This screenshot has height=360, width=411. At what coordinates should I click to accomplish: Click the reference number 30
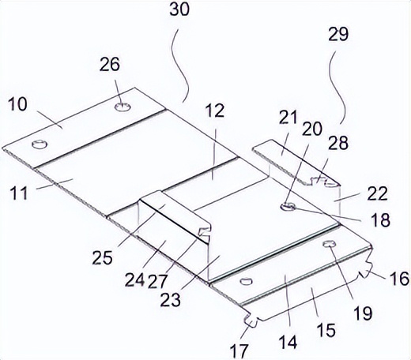179,10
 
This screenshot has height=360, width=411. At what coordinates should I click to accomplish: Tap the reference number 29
338,34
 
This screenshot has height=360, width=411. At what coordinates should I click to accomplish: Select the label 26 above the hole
109,64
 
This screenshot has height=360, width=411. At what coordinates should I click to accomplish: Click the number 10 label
17,103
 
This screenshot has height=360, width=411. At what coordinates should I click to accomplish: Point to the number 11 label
19,193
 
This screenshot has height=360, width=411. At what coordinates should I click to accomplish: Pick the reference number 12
215,111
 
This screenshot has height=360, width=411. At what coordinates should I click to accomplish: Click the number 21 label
288,118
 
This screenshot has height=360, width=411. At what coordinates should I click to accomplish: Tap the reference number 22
378,193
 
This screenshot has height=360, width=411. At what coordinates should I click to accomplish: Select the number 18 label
380,219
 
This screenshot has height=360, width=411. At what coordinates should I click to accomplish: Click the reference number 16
400,279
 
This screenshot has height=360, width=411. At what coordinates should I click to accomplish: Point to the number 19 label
363,313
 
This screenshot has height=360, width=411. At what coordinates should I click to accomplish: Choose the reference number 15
326,330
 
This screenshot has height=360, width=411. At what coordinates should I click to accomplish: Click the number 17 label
239,350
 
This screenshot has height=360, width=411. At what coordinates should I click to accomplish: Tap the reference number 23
171,300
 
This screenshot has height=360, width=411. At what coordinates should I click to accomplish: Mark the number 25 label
102,257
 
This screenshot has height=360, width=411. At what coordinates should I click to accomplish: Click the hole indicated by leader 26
123,107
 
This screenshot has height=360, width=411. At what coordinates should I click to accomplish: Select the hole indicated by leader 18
288,206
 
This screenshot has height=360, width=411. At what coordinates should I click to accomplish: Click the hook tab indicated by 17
251,320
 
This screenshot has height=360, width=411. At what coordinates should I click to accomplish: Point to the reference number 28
338,143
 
